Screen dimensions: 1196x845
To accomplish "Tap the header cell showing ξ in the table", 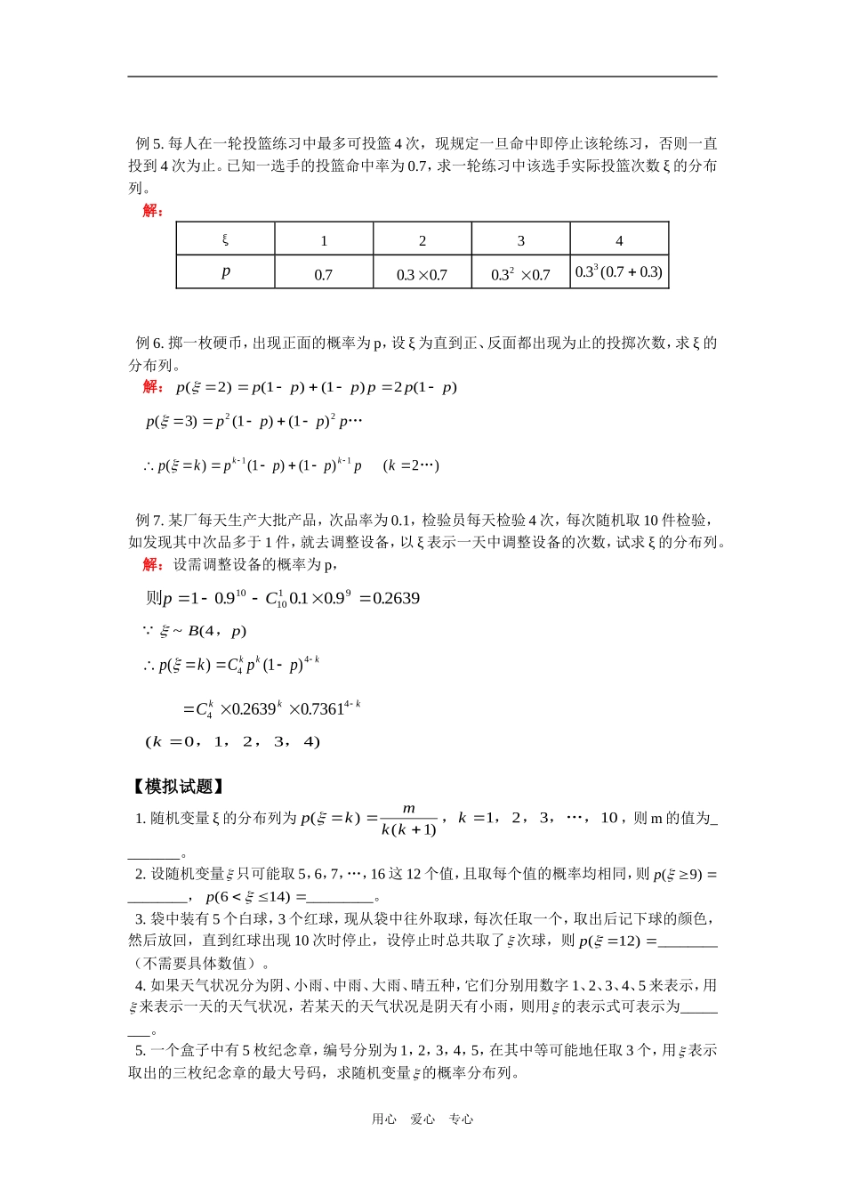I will [x=225, y=239].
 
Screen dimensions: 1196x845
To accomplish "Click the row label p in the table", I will [x=225, y=272].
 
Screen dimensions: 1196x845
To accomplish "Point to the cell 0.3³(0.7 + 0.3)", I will [x=619, y=272].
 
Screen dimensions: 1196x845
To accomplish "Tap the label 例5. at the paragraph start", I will [x=149, y=143].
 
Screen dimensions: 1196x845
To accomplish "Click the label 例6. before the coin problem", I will [x=149, y=343].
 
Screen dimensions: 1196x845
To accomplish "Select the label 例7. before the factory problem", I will [x=149, y=521].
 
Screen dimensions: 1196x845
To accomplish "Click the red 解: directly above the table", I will [x=152, y=210].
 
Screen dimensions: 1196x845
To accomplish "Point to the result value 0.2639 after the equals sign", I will [x=396, y=598].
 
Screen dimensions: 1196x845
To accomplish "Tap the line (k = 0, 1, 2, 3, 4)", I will [x=232, y=741].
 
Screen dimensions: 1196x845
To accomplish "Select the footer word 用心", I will [x=384, y=1119].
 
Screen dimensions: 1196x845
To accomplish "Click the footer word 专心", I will [x=461, y=1119].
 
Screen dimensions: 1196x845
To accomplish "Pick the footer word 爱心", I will [x=422, y=1119].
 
